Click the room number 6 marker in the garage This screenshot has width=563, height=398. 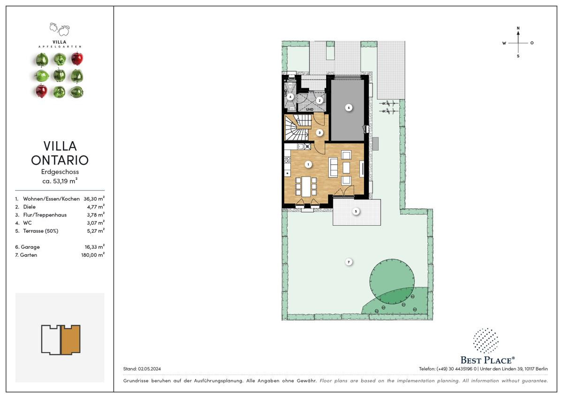[349, 108]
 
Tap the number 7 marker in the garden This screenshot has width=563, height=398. [349, 262]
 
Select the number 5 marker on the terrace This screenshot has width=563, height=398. [356, 212]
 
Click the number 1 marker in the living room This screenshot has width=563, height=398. [308, 165]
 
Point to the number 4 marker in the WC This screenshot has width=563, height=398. [290, 97]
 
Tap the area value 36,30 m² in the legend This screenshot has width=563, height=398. [94, 199]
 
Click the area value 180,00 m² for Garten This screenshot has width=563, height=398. [93, 255]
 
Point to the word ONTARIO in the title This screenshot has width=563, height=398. [60, 160]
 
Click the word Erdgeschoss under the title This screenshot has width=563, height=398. [60, 172]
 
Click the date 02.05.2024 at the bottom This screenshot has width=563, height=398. [149, 369]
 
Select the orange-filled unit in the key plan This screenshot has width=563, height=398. [71, 339]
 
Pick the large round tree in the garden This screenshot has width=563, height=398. [392, 281]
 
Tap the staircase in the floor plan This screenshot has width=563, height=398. [297, 128]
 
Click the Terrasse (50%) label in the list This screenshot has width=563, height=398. [40, 231]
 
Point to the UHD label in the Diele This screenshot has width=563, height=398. [310, 109]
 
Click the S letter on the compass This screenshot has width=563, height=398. [518, 56]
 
